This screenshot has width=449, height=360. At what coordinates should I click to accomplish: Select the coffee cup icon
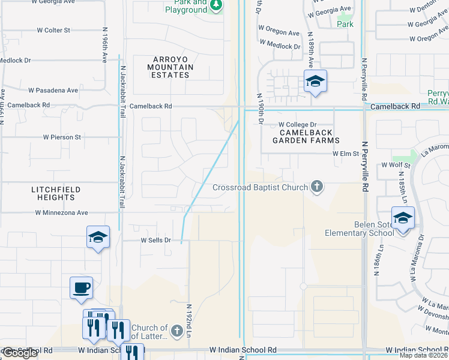pos(81,287)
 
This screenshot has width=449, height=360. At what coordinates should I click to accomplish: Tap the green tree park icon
pos(216,5)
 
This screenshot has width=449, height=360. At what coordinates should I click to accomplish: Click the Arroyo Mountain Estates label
pos(173,67)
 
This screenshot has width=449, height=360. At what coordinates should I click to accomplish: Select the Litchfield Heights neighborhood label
pos(56,193)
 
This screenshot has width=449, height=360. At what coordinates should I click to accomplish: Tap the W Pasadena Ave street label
pos(53,91)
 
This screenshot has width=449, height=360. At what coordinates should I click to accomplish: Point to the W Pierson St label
pos(62,137)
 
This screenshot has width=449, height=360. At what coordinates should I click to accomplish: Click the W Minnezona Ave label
pos(61,212)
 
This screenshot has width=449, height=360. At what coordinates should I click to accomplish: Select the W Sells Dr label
pos(156,240)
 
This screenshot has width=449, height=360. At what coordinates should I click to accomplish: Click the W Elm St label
pos(346,153)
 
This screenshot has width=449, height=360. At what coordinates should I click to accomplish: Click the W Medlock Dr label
pos(280,46)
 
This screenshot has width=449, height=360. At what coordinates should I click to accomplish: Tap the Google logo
pos(20,353)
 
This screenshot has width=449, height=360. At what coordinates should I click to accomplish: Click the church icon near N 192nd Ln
pos(176,331)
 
